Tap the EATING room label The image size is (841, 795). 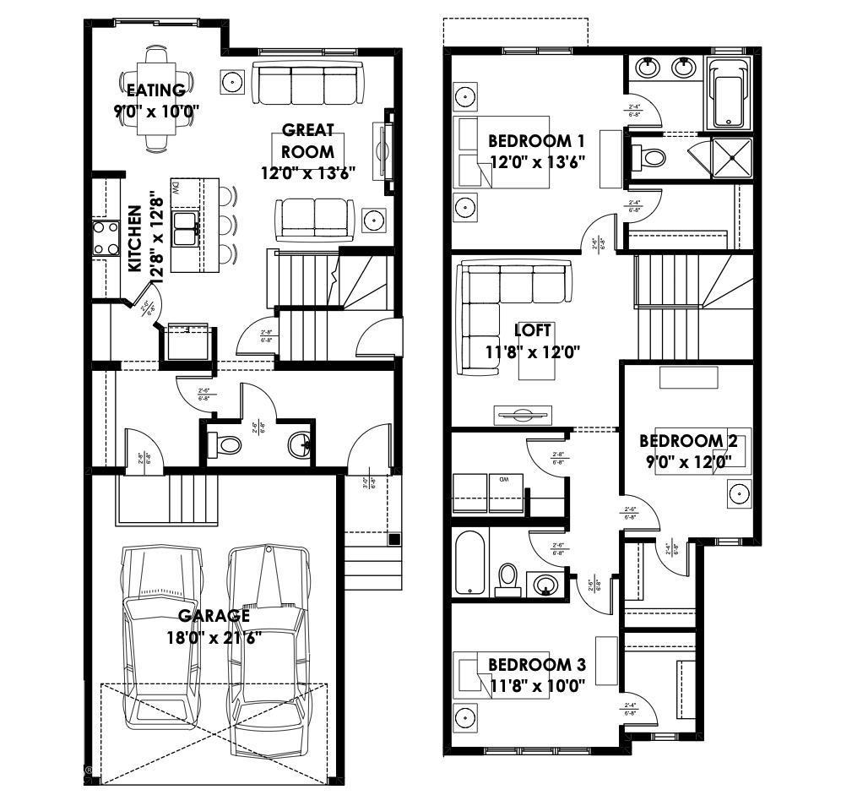click(x=155, y=90)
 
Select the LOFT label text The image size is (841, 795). click(x=533, y=330)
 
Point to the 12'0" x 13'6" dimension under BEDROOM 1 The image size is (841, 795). click(x=538, y=161)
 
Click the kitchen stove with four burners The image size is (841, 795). click(x=106, y=237)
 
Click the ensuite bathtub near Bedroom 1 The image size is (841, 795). click(x=728, y=95)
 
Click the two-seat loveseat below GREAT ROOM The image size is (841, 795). click(x=313, y=218)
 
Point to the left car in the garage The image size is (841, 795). click(x=162, y=636)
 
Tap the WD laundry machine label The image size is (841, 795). click(x=503, y=480)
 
